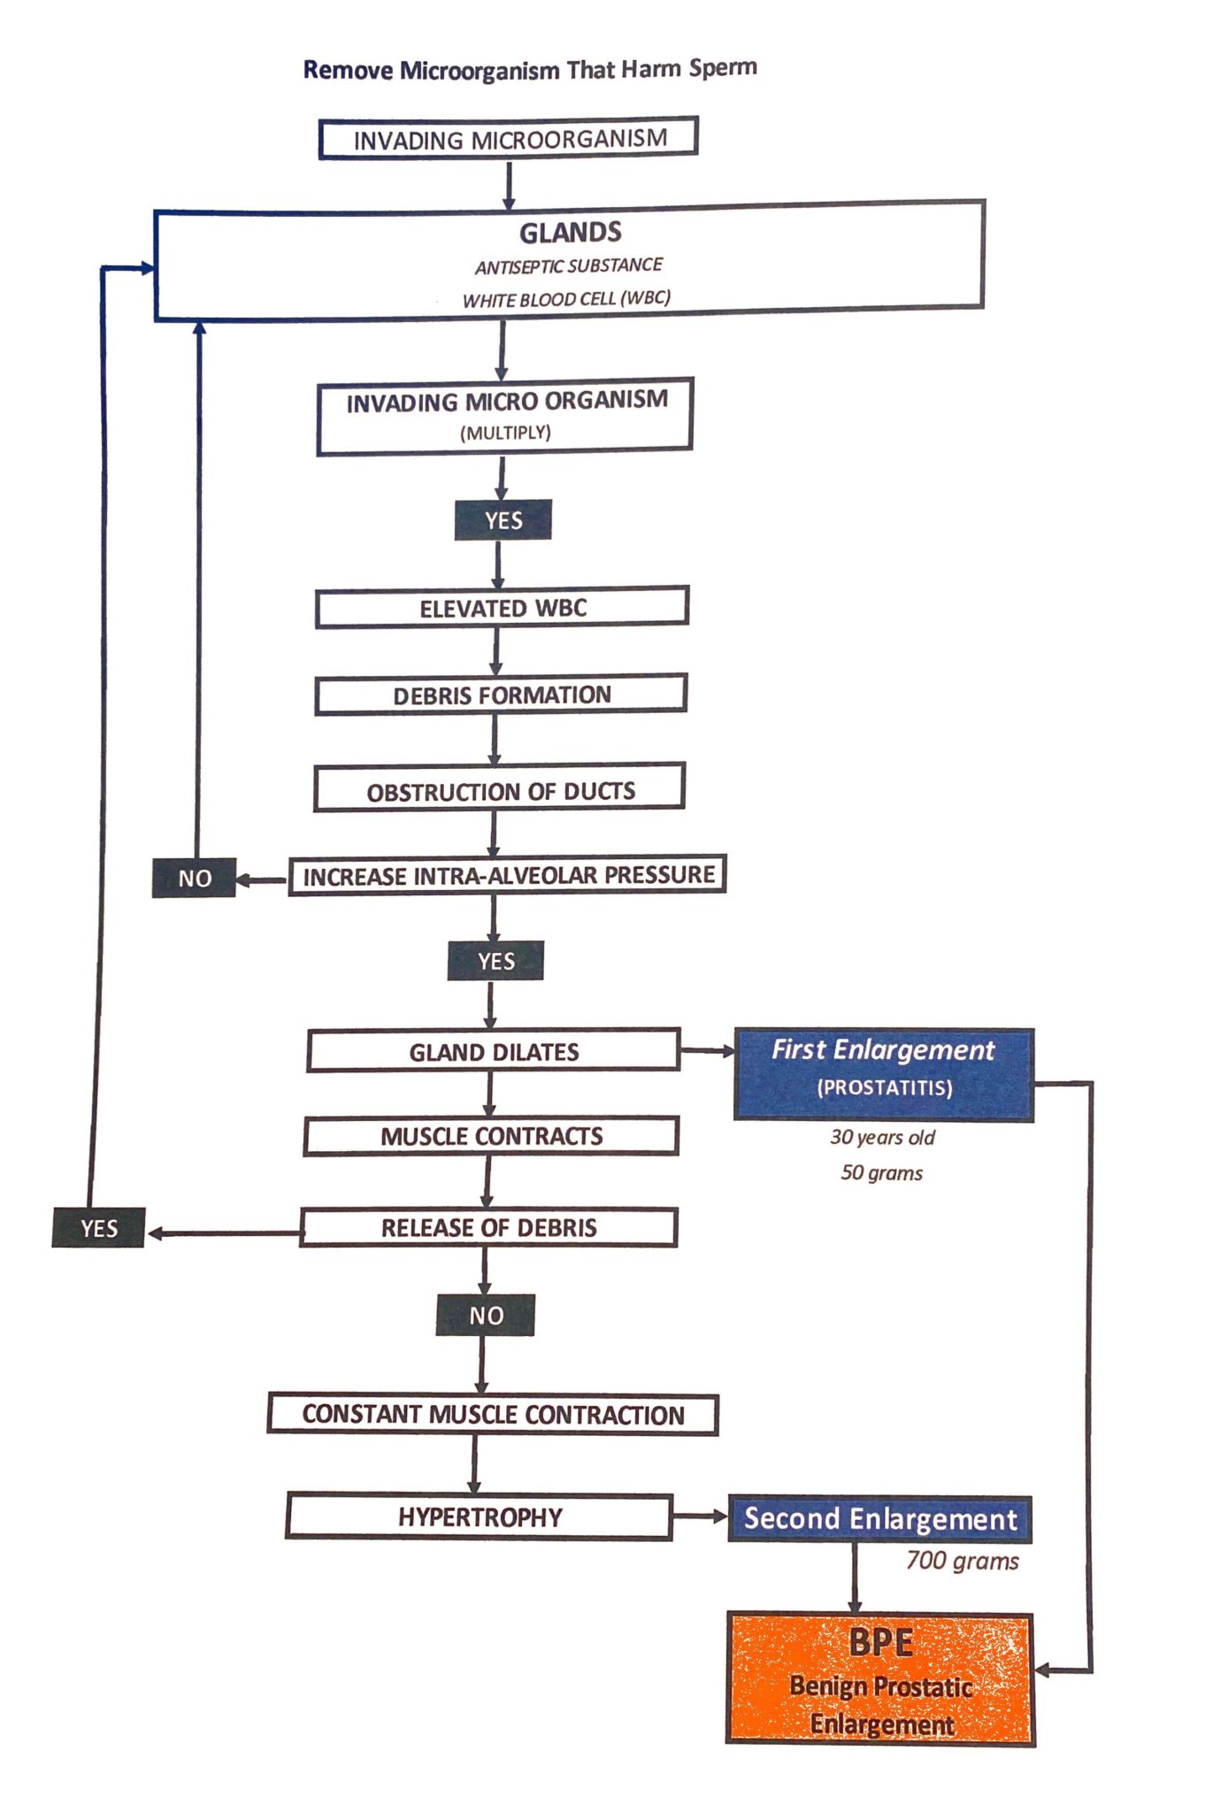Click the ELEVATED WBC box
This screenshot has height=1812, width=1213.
click(502, 608)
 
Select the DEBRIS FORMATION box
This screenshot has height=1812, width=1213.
click(501, 695)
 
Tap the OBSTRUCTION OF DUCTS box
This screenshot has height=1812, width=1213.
click(500, 790)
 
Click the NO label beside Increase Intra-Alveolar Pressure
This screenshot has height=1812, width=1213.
click(194, 879)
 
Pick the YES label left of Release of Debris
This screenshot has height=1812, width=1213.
click(98, 1228)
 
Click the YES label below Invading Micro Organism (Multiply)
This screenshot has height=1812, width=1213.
click(503, 520)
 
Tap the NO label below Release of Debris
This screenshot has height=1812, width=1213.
click(486, 1316)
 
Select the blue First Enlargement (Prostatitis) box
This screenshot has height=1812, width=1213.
click(883, 1074)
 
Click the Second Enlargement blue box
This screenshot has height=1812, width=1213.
click(879, 1519)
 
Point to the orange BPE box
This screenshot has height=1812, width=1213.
click(880, 1678)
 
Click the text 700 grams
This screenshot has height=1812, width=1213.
click(962, 1561)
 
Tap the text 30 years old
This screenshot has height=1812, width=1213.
click(882, 1137)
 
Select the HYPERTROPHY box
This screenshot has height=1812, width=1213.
click(479, 1517)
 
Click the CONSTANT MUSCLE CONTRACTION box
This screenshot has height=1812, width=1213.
click(493, 1415)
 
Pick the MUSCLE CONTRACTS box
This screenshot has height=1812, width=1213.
click(491, 1136)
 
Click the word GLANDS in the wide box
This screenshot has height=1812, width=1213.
click(570, 233)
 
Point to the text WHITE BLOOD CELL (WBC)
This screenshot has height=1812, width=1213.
click(566, 299)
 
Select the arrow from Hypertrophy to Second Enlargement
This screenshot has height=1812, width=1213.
click(700, 1516)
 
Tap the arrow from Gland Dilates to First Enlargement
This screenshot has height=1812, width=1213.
click(708, 1051)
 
